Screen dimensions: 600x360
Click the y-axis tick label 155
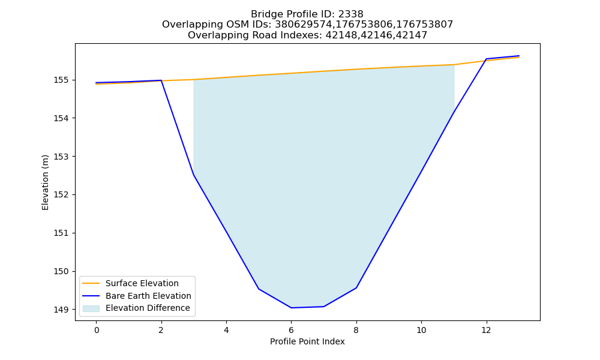tap(61, 80)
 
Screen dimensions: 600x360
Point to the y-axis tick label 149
tap(61, 310)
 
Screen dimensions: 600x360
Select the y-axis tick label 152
tap(61, 195)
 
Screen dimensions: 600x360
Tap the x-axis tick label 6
tap(291, 330)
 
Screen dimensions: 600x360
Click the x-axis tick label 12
tap(486, 330)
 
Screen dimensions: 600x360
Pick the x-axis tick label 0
tap(97, 330)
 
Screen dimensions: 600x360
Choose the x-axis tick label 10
tap(421, 330)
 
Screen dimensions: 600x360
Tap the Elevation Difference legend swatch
tap(91, 308)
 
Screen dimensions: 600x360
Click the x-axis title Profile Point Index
tap(307, 341)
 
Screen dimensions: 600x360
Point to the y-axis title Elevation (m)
tap(45, 182)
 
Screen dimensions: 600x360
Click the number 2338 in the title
tap(350, 14)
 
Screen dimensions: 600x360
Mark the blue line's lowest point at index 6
tap(291, 308)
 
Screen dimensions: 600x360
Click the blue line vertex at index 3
tap(194, 175)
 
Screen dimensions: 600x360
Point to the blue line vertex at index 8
tap(356, 287)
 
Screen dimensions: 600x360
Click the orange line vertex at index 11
tap(454, 65)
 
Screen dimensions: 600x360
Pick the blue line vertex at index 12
tap(486, 59)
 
